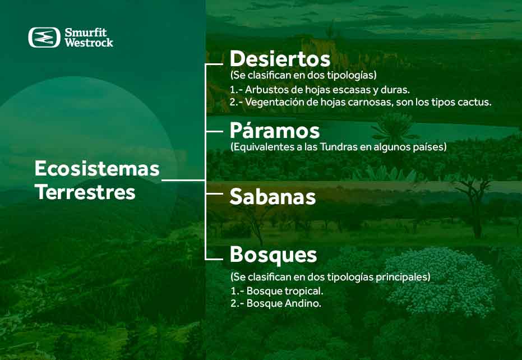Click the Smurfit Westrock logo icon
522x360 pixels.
44,37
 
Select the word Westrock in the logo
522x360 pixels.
89,43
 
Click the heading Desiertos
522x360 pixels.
280,59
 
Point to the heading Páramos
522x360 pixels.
275,131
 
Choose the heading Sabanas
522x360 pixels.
272,197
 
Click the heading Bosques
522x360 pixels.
273,255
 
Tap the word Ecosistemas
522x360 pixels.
97,168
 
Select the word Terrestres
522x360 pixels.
85,192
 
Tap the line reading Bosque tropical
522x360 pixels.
285,292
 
